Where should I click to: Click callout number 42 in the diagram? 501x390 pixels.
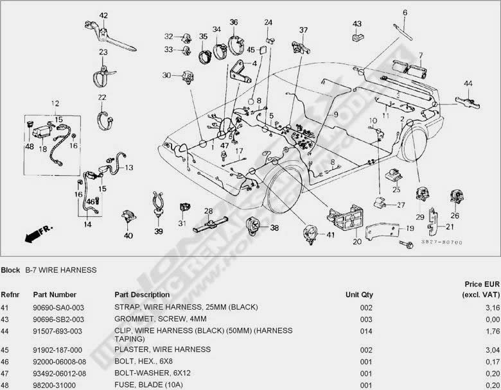pyautogui.click(x=103, y=15)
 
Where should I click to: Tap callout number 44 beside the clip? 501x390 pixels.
pyautogui.click(x=468, y=84)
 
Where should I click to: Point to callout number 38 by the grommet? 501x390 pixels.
pyautogui.click(x=274, y=228)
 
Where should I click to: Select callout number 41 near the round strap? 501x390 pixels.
pyautogui.click(x=331, y=235)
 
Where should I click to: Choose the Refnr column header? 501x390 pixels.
pyautogui.click(x=10, y=294)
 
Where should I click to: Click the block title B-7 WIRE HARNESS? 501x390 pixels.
pyautogui.click(x=60, y=270)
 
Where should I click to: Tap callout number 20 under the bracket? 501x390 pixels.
pyautogui.click(x=357, y=242)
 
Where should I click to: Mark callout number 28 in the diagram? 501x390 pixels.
pyautogui.click(x=208, y=211)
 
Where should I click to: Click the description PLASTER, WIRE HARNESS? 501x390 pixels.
pyautogui.click(x=163, y=350)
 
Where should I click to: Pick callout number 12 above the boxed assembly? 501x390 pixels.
pyautogui.click(x=55, y=103)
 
